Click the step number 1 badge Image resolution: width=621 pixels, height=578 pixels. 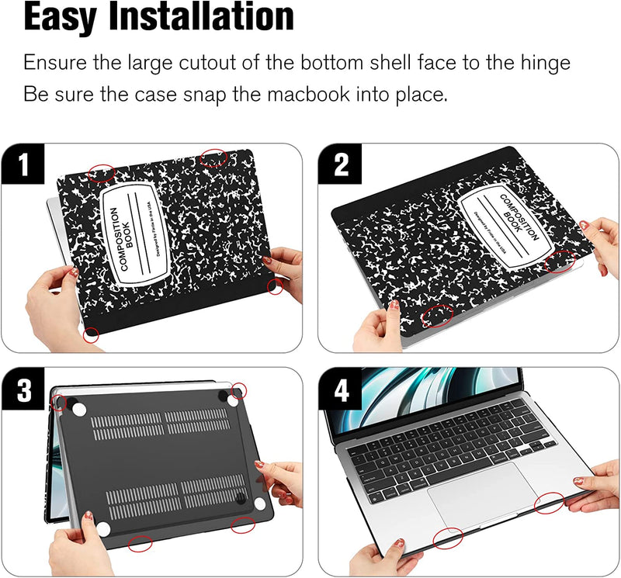coord(23,166)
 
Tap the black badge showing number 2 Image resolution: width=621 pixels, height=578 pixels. coord(342,166)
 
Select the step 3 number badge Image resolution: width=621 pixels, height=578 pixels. coord(23,389)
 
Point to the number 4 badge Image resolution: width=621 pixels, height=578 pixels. coord(342,389)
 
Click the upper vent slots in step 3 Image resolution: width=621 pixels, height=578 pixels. coord(163,424)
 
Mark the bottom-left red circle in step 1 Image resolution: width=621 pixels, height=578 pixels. coord(92,335)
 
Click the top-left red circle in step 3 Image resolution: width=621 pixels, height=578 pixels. coord(58,401)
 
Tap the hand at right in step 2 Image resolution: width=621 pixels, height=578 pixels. coord(601,241)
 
